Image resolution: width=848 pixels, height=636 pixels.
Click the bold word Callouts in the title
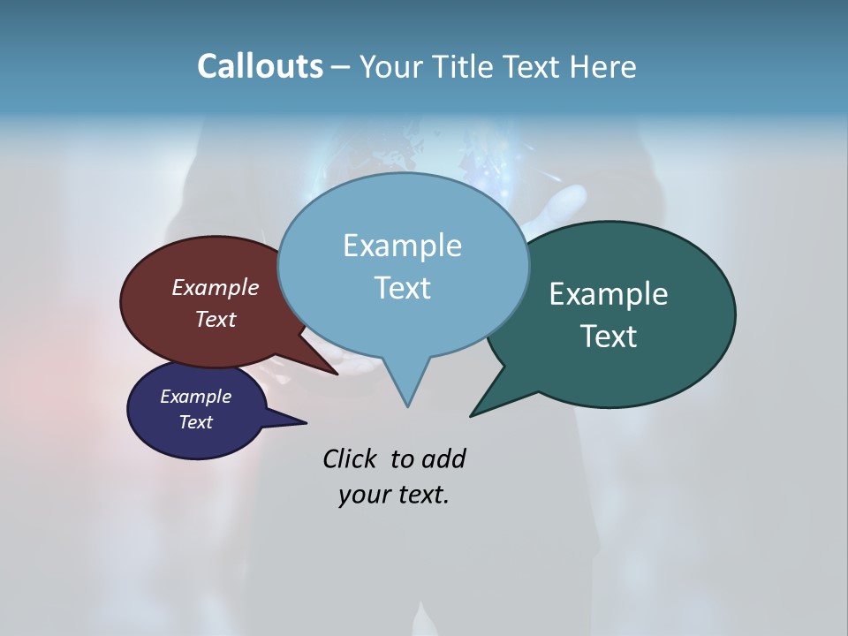point(260,66)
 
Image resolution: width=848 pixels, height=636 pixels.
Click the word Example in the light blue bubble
point(402,245)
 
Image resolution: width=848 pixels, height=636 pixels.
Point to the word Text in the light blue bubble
point(402,287)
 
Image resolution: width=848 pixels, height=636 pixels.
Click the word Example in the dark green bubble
point(609,293)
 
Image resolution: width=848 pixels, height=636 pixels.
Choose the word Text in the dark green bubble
point(609,336)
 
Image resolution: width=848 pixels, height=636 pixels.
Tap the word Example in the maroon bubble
point(216,287)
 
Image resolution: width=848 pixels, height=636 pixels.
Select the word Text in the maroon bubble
point(216,319)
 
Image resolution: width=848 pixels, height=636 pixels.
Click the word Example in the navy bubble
point(195,397)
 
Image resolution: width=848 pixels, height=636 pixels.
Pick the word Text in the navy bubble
point(195,422)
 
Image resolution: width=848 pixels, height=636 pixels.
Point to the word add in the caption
point(443,458)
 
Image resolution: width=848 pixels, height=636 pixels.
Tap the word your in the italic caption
point(364,495)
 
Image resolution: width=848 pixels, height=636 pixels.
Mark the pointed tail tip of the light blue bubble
point(407,406)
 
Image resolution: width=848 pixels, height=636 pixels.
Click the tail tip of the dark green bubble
point(471,415)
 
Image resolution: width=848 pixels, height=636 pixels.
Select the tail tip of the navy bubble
point(306,422)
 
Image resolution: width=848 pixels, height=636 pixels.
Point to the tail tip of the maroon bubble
point(337,375)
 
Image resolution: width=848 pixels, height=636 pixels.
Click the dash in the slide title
point(342,67)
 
